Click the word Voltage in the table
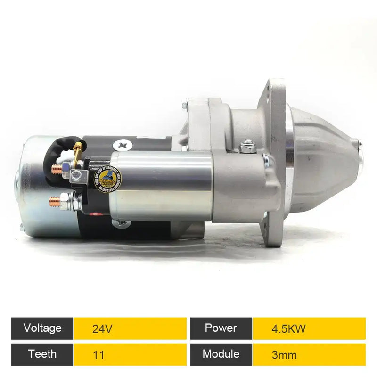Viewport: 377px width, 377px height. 42,328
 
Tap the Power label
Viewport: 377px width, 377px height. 221,328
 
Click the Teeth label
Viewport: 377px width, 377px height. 42,354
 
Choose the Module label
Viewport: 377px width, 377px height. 221,354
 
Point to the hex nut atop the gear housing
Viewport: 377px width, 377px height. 247,148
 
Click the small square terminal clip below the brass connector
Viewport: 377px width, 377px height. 77,176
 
